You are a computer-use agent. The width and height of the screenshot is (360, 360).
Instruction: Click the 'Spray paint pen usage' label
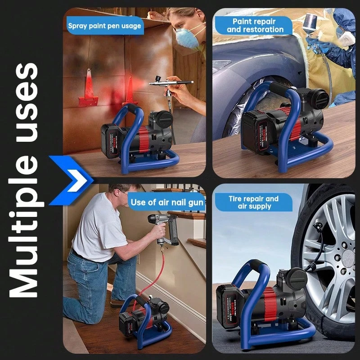[104, 26]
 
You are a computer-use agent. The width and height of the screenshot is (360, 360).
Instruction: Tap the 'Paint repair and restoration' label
[255, 25]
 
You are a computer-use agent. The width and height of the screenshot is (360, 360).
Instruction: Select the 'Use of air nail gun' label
[167, 202]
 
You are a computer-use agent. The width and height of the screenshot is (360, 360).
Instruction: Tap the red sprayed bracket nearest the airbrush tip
[130, 93]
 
